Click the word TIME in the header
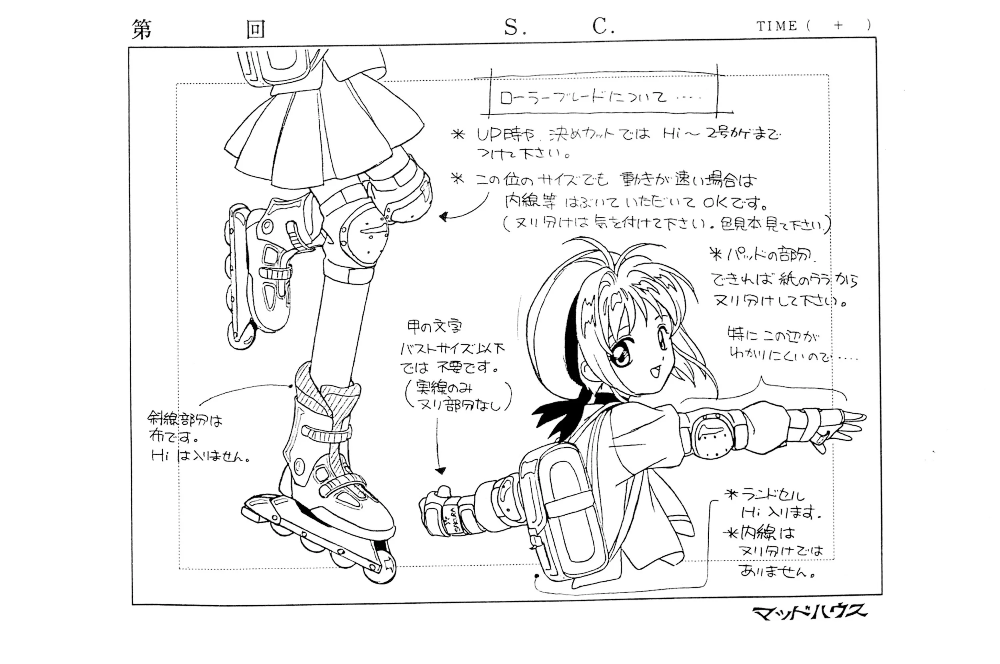(x=776, y=26)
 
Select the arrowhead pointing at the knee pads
(x=443, y=217)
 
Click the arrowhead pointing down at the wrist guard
(x=440, y=470)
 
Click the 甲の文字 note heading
(x=434, y=326)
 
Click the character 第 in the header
(x=142, y=29)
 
